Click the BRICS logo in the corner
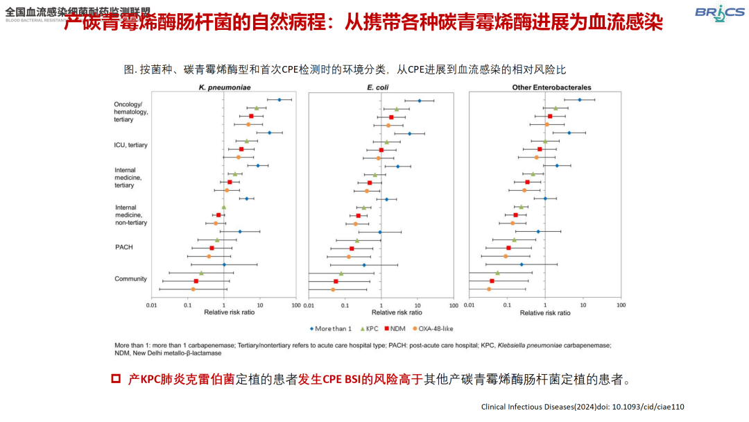coord(718,12)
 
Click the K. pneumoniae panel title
coord(224,87)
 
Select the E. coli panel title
coord(379,87)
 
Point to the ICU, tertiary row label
coord(130,145)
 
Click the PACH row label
coord(124,247)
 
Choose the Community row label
coord(130,279)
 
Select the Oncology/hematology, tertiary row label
coord(130,112)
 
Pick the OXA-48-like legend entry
coord(438,328)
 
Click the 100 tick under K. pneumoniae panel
coord(296,305)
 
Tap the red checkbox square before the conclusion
coord(117,379)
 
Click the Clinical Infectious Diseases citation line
coord(583,407)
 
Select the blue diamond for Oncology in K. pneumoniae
coord(279,100)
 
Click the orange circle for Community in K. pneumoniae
coord(193,289)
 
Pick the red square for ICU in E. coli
coord(381,150)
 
